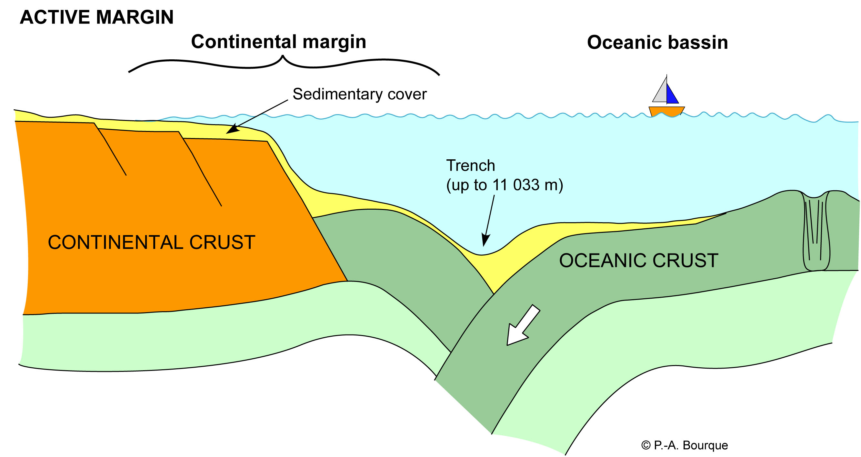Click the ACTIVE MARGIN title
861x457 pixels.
[96, 17]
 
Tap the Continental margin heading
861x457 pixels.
[278, 42]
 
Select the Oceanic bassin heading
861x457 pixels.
[657, 43]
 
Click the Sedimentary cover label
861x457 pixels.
[359, 94]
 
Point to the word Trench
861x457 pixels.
[470, 166]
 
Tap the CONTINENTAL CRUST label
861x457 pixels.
[151, 243]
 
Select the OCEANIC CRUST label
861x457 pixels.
[638, 261]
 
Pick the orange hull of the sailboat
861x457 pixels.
[666, 111]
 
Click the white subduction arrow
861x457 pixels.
[521, 326]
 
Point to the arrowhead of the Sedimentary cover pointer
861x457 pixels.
[233, 130]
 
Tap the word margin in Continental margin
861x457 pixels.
[334, 42]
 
